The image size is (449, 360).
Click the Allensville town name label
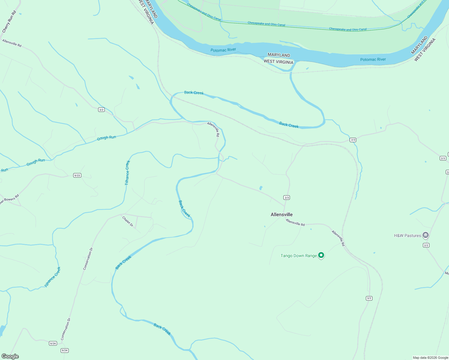point(282,214)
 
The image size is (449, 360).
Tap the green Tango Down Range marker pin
point(321,255)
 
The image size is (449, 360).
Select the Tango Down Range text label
point(299,256)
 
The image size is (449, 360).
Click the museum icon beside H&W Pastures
point(425,235)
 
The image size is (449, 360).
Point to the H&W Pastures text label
point(407,235)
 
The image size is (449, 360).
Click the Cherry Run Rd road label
point(9,22)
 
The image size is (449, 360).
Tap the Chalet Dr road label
point(128,221)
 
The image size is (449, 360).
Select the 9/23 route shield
point(77,175)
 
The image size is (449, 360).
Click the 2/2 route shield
point(426,245)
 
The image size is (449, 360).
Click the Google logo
point(10,356)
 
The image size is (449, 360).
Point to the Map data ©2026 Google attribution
point(430,358)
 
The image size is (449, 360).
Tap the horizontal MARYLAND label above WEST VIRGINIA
point(279,55)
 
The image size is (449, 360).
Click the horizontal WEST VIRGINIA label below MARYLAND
point(278,62)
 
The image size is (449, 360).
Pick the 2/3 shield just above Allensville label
point(287,197)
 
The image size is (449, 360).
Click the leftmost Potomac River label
point(223,50)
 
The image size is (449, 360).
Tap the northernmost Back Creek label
point(194,93)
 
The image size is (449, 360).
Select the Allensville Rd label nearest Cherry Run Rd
point(12,43)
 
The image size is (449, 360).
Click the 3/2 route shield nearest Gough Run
point(101,110)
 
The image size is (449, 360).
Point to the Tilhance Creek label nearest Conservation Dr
point(53,277)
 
